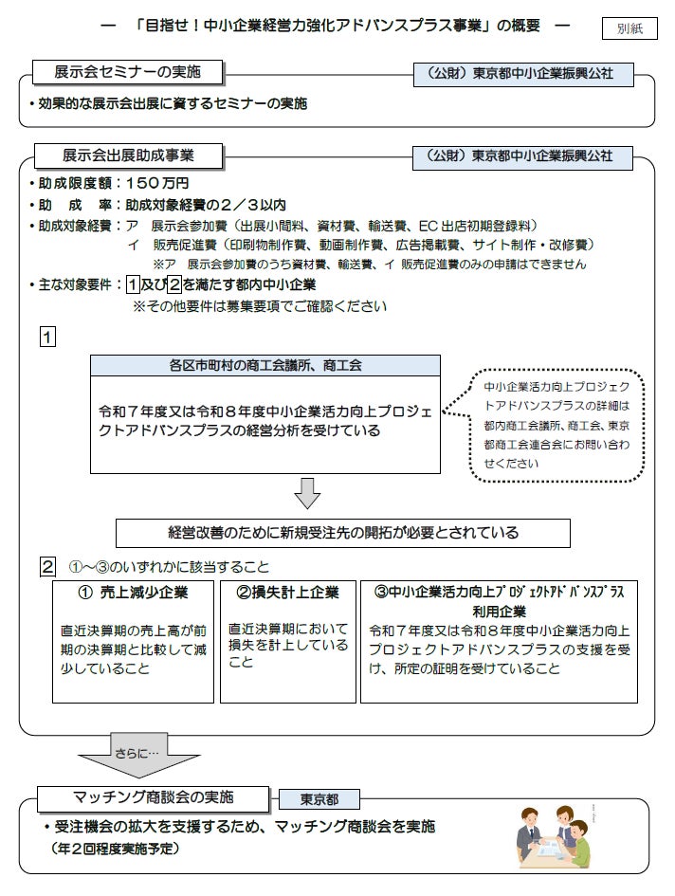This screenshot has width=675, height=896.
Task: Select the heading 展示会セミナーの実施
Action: (x=129, y=72)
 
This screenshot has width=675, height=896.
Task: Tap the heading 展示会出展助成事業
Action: (x=129, y=155)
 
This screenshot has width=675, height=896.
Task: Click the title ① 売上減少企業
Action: (x=134, y=592)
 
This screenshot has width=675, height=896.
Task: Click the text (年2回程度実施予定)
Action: (x=115, y=849)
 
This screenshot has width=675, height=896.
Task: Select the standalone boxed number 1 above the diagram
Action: (x=46, y=337)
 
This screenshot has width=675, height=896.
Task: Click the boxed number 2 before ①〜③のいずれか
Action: (x=46, y=567)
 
